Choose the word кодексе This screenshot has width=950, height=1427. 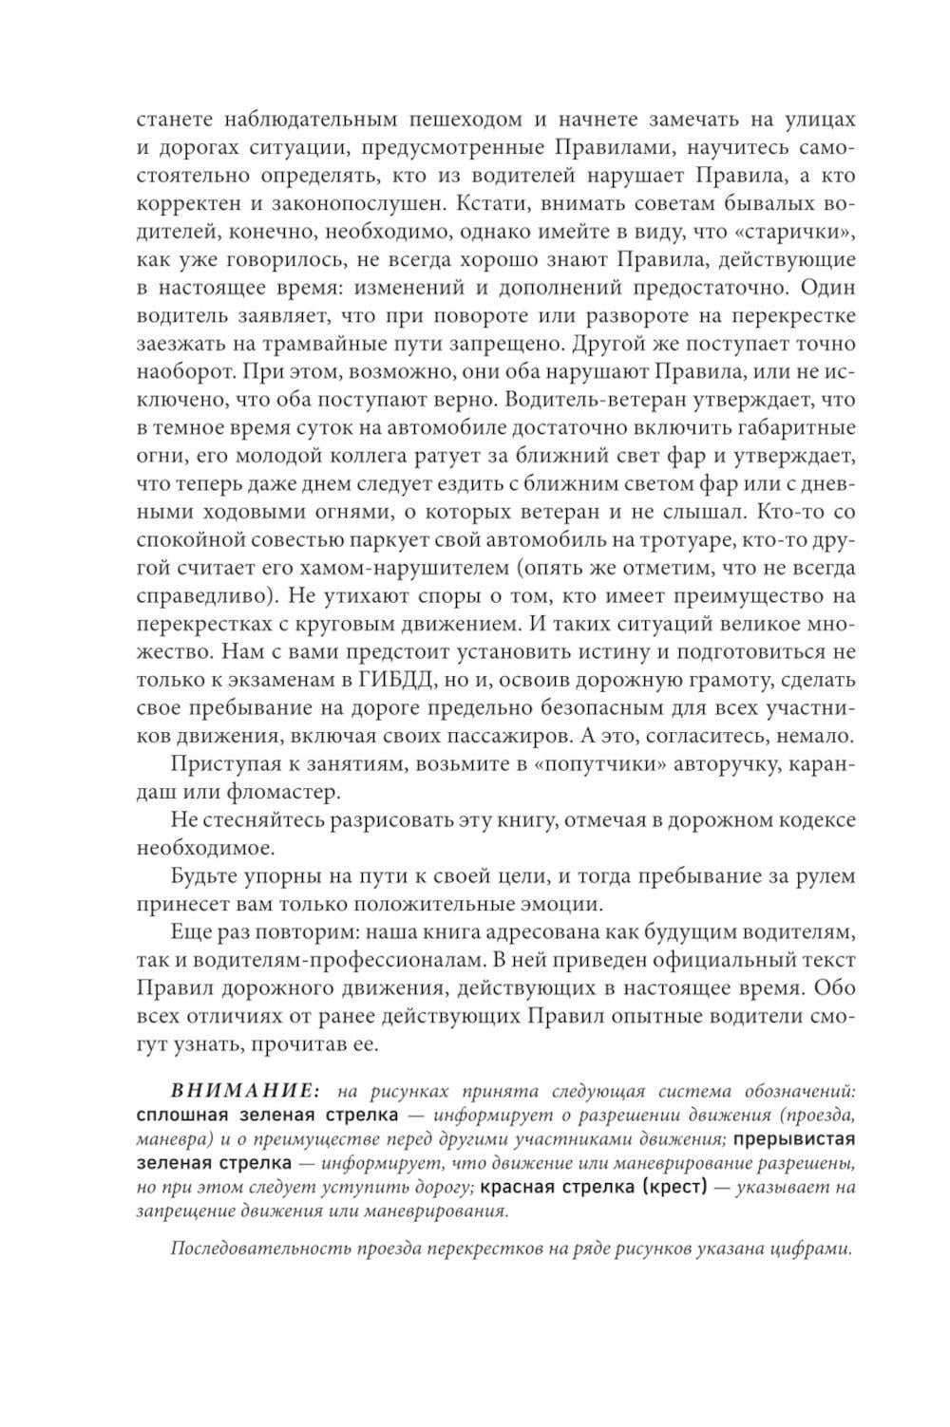point(810,819)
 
